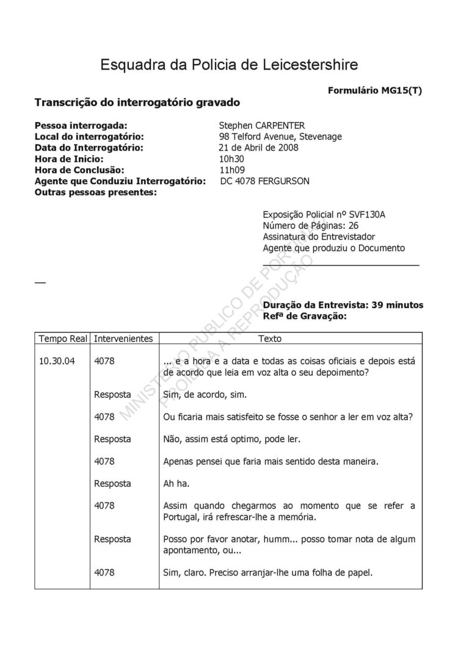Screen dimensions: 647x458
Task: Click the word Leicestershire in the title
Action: [305, 65]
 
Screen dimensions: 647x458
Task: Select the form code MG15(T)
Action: [399, 90]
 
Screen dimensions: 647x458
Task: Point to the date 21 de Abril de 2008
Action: [258, 148]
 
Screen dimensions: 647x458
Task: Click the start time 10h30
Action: [231, 159]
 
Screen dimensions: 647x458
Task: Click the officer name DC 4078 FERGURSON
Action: [265, 181]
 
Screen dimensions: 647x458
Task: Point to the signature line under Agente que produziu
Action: [341, 265]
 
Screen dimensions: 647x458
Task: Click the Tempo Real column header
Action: [64, 338]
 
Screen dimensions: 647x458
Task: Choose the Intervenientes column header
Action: [123, 338]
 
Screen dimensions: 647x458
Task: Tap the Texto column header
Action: [270, 338]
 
